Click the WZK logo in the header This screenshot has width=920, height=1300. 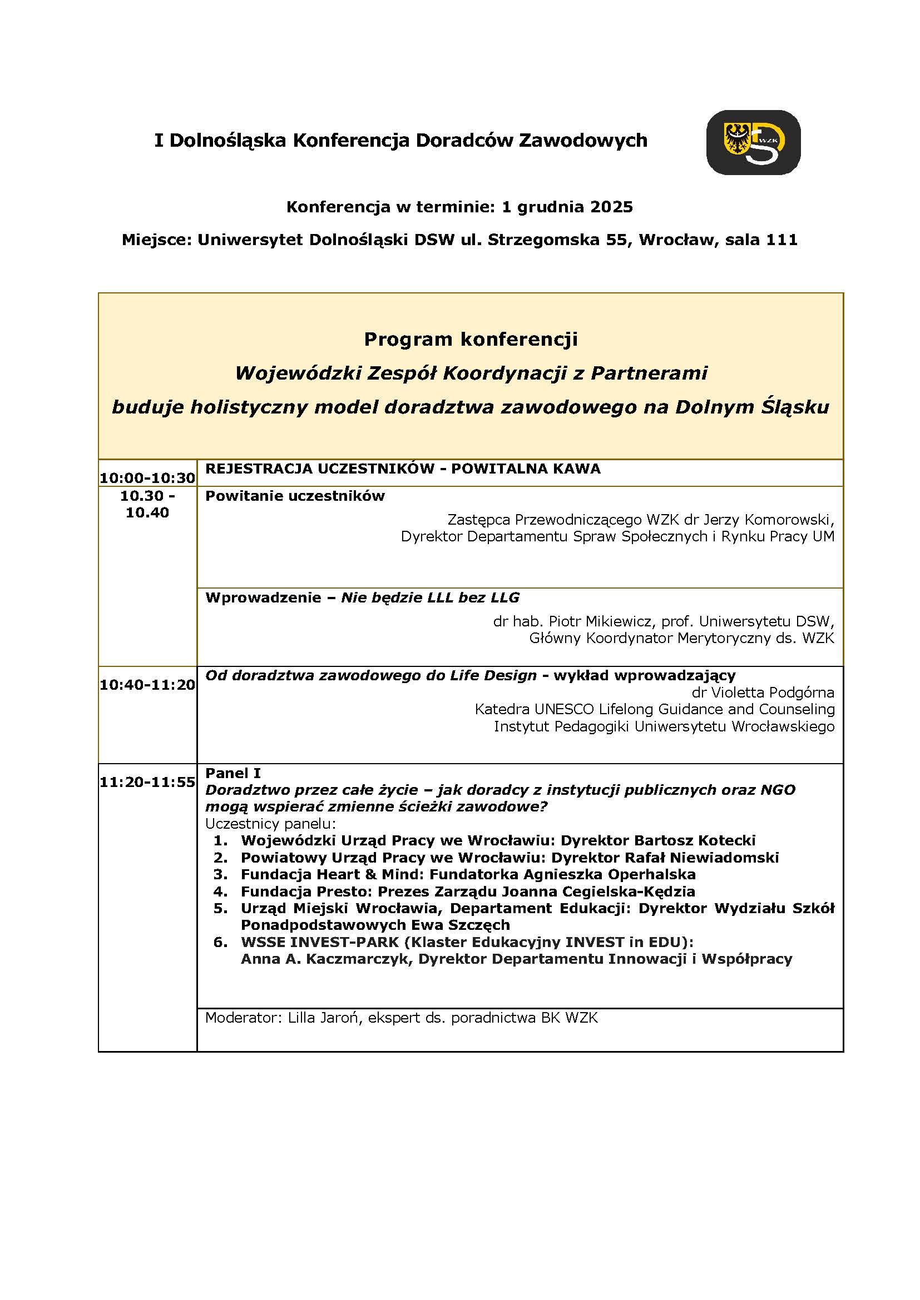click(753, 142)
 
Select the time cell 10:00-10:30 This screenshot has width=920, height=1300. click(147, 478)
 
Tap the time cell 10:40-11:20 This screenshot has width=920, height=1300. click(147, 685)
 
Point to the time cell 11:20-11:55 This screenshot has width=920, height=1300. click(147, 782)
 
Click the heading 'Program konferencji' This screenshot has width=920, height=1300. click(470, 339)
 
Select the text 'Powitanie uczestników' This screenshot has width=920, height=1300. click(295, 496)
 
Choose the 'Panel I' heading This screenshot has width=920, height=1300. click(233, 773)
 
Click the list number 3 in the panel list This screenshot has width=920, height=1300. click(220, 874)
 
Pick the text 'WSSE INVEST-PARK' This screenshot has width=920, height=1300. click(319, 942)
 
